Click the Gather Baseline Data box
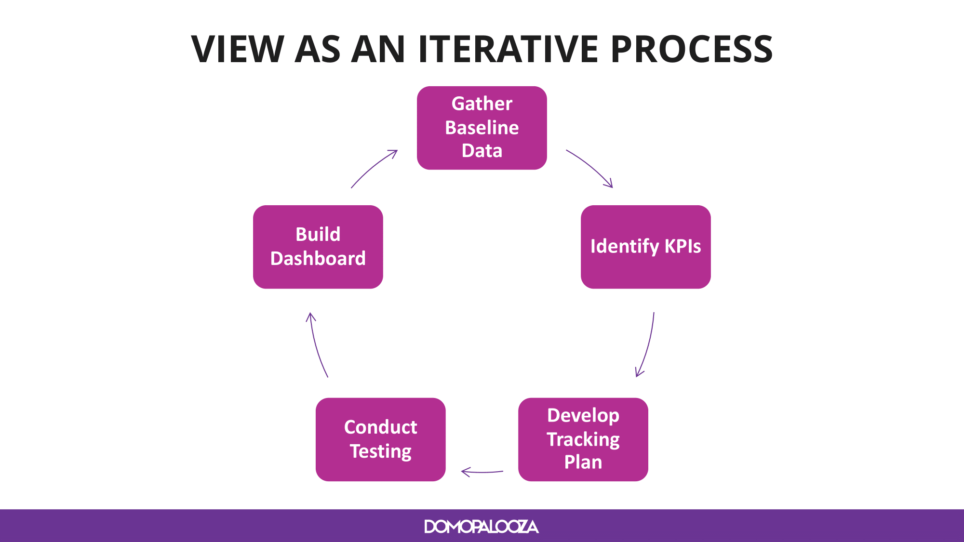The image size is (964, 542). pos(482,128)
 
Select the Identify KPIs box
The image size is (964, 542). pos(646,247)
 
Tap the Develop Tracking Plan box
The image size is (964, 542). pos(583,439)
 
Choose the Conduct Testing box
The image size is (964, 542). pos(381,439)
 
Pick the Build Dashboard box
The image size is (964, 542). pos(318,247)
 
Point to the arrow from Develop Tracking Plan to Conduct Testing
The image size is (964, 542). pos(482,472)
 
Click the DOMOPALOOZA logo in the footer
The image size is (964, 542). pos(482,527)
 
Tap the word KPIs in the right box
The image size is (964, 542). pos(683,246)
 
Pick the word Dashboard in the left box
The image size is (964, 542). pos(318,259)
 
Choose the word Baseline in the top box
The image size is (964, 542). pos(482,128)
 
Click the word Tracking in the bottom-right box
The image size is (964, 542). pos(583,440)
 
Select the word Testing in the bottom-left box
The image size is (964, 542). pos(381,452)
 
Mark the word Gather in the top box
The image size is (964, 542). pos(482,104)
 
